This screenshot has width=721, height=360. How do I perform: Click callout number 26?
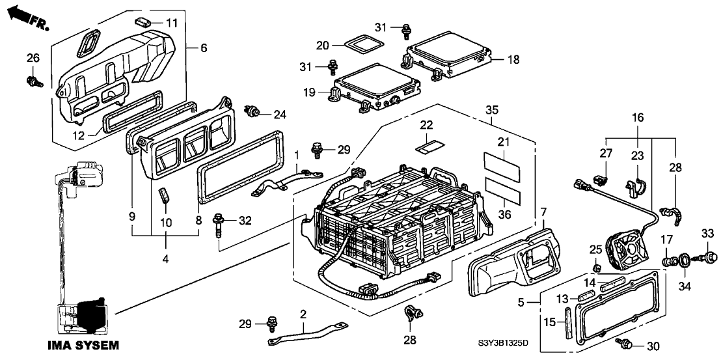point(32,59)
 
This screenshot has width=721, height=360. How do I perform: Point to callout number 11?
point(171,23)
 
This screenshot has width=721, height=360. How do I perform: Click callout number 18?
point(514,59)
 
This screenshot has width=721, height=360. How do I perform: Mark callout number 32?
point(244,221)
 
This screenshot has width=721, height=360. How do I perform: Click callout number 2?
point(303,314)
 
